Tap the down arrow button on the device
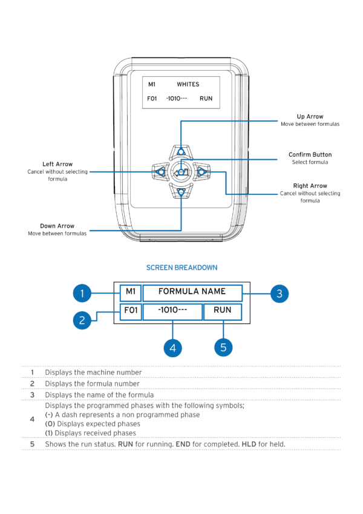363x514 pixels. pyautogui.click(x=181, y=193)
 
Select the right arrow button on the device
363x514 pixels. pyautogui.click(x=201, y=173)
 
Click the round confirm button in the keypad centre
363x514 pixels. pyautogui.click(x=181, y=173)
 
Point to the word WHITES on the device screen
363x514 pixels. pyautogui.click(x=188, y=85)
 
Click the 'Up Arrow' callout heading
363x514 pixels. pyautogui.click(x=310, y=116)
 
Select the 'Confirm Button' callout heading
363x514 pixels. pyautogui.click(x=310, y=155)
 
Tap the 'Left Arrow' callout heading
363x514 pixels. pyautogui.click(x=57, y=164)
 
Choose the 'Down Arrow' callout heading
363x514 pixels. pyautogui.click(x=57, y=226)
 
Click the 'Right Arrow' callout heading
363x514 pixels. pyautogui.click(x=310, y=186)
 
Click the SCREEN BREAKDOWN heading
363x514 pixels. pyautogui.click(x=181, y=267)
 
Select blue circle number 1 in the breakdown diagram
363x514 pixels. pyautogui.click(x=83, y=294)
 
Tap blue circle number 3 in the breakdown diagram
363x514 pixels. pyautogui.click(x=279, y=294)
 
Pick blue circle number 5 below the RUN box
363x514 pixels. pyautogui.click(x=223, y=348)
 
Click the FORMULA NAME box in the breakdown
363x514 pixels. pyautogui.click(x=192, y=292)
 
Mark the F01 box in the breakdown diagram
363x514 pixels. pyautogui.click(x=131, y=311)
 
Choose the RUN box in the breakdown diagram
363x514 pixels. pyautogui.click(x=223, y=311)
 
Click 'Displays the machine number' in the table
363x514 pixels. pyautogui.click(x=93, y=372)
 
